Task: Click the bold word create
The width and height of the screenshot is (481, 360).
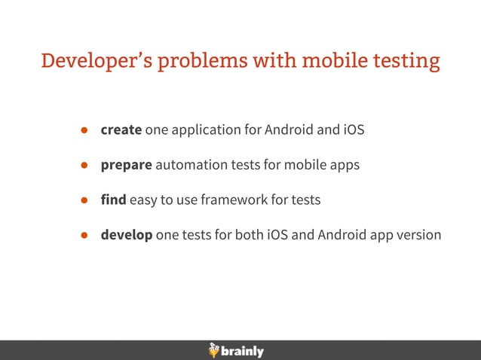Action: (121, 130)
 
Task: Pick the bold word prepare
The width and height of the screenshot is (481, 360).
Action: (126, 165)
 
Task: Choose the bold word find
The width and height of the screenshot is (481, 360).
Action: (114, 200)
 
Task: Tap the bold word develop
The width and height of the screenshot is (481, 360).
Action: (127, 235)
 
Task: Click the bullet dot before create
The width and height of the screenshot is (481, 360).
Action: (85, 130)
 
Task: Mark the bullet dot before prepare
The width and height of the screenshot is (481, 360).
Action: (85, 165)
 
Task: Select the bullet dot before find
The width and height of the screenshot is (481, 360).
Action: (85, 200)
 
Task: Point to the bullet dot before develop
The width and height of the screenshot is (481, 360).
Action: (85, 235)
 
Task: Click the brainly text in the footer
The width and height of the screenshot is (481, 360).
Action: (244, 351)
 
